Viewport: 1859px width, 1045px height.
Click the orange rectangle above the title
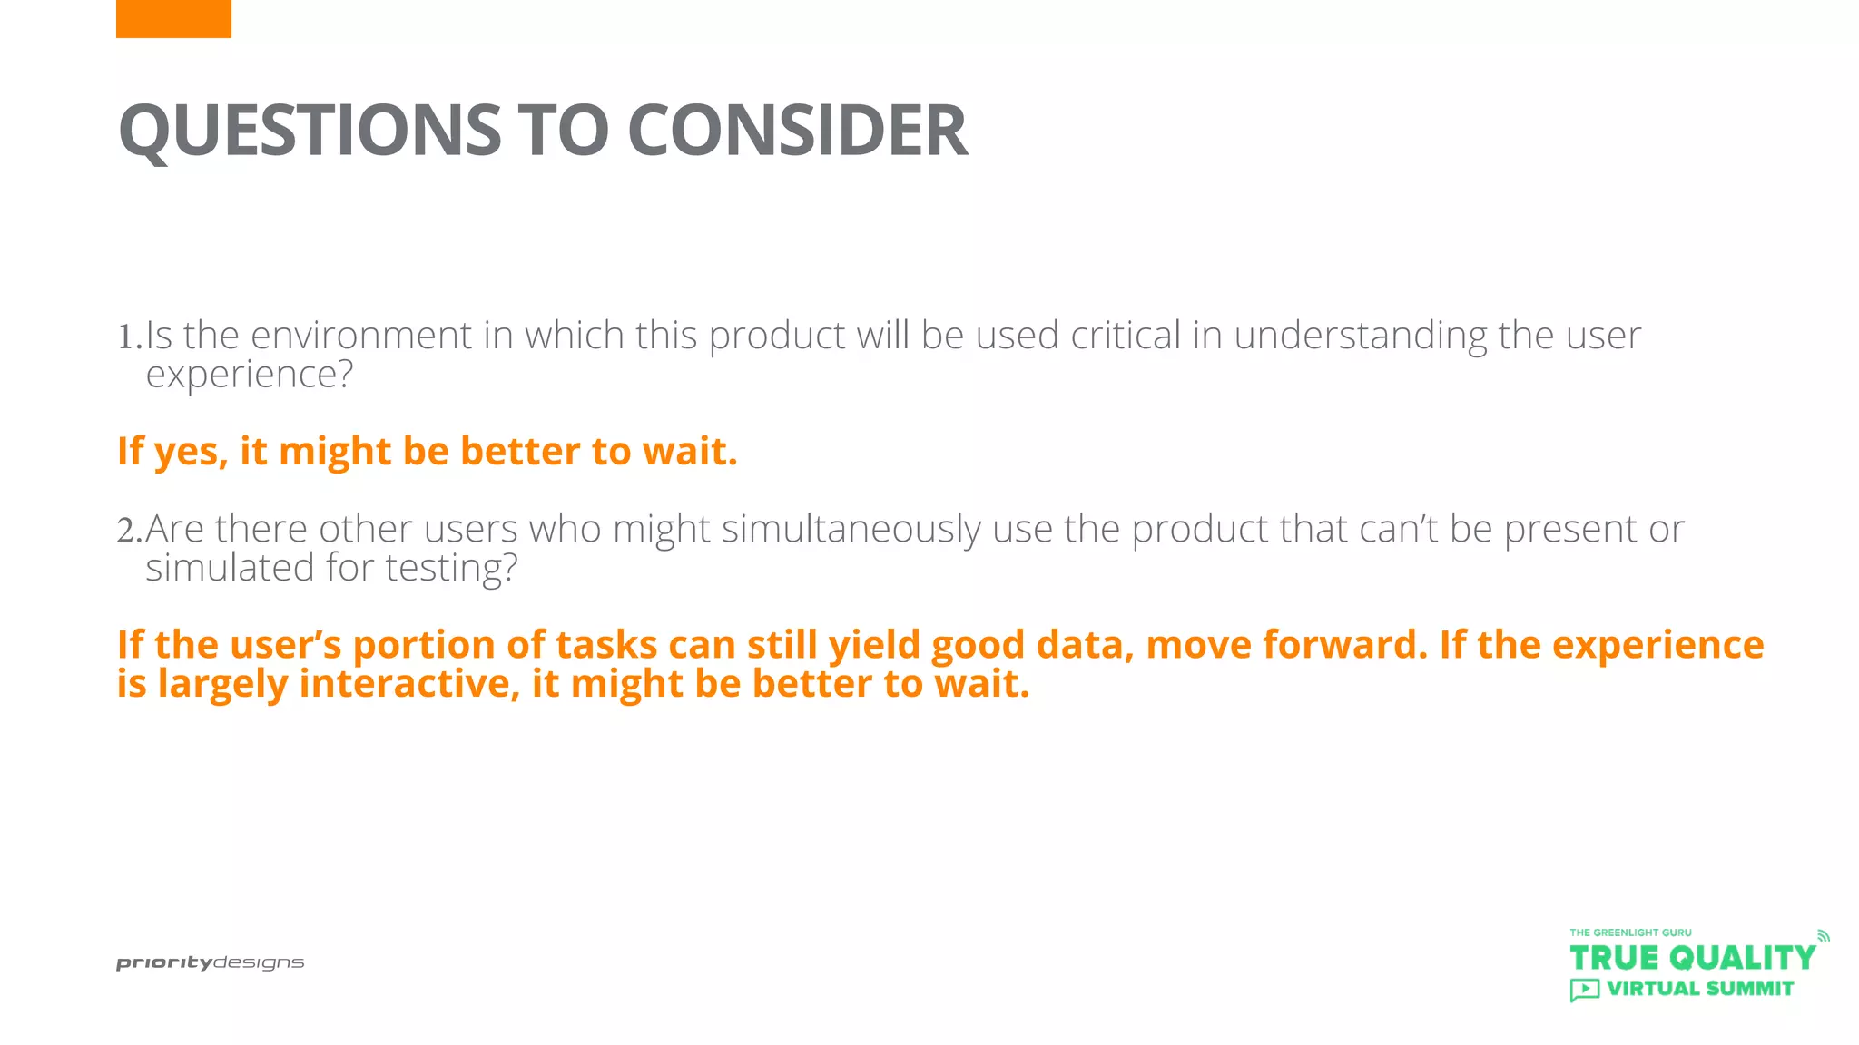(173, 18)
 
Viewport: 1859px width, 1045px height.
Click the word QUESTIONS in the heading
(310, 130)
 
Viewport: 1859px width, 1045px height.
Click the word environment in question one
(360, 336)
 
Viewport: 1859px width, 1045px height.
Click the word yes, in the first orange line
(191, 452)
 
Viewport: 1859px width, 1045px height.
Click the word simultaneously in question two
(851, 530)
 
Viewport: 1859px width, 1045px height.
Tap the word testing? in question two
(451, 569)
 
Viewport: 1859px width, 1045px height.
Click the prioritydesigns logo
(210, 963)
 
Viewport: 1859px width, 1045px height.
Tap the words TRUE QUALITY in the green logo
(1692, 958)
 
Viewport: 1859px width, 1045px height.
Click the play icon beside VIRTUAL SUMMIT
(1584, 990)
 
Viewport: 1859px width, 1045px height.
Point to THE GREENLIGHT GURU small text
(1630, 933)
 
